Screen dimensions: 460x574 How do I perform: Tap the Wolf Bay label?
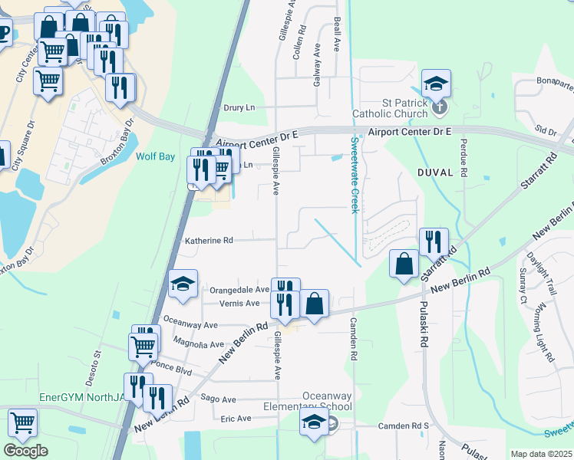tap(156, 156)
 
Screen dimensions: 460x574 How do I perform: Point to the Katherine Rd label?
tap(209, 240)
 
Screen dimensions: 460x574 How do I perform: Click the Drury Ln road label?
tap(238, 108)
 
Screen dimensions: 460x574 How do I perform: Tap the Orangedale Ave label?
tap(239, 290)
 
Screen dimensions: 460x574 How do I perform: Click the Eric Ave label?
tap(236, 419)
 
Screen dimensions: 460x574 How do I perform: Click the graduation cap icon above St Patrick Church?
tap(436, 83)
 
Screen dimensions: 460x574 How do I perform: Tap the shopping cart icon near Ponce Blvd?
tap(143, 347)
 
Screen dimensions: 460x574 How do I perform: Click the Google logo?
tap(25, 451)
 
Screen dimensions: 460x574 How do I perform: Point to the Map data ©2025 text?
tap(541, 454)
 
